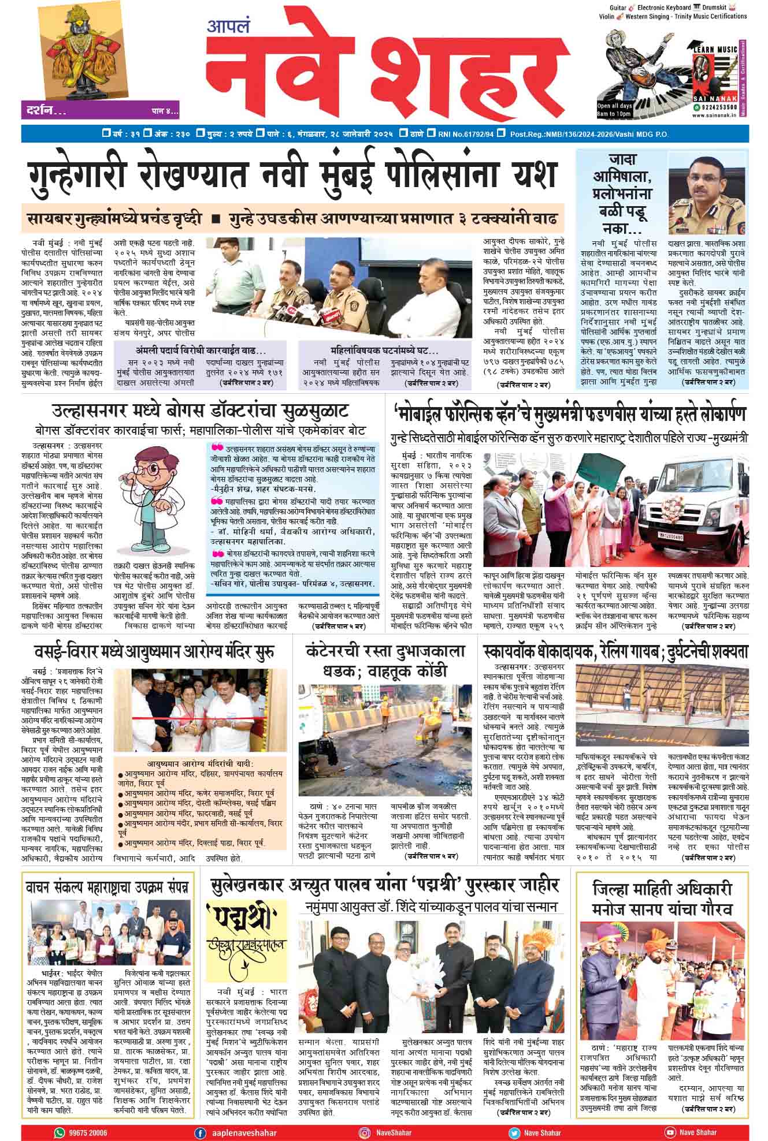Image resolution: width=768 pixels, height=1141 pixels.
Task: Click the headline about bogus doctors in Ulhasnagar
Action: [201, 412]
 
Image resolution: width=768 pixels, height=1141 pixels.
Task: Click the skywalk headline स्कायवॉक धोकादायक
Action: [615, 652]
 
